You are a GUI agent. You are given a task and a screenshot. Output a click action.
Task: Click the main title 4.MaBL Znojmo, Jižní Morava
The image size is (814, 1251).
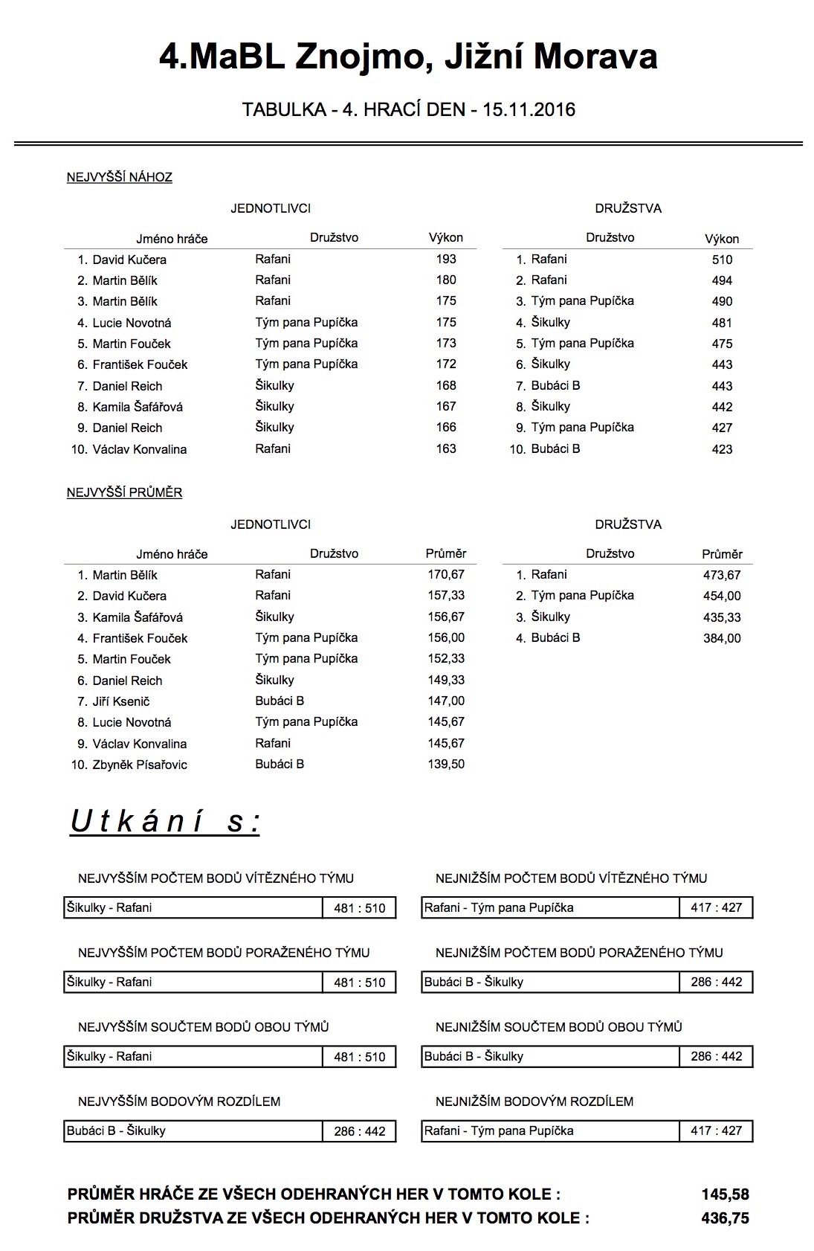pyautogui.click(x=407, y=57)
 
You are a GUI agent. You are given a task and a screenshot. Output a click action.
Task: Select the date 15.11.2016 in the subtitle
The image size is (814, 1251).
pyautogui.click(x=529, y=110)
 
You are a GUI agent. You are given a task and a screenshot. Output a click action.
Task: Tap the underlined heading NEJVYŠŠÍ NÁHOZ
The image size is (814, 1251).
pyautogui.click(x=119, y=177)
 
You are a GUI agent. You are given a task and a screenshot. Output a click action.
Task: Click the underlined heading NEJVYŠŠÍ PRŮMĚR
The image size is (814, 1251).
pyautogui.click(x=124, y=492)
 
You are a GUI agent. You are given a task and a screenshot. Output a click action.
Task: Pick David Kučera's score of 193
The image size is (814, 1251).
pyautogui.click(x=446, y=259)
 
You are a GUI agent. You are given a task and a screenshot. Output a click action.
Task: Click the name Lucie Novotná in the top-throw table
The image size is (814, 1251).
pyautogui.click(x=132, y=323)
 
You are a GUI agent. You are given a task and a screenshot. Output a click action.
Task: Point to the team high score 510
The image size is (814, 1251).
pyautogui.click(x=722, y=260)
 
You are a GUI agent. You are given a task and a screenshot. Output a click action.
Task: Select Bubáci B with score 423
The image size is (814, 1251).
pyautogui.click(x=555, y=448)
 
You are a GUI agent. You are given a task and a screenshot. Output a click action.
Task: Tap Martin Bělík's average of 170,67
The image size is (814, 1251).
pyautogui.click(x=446, y=574)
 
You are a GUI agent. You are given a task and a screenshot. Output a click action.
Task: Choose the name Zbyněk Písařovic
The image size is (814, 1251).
pyautogui.click(x=140, y=765)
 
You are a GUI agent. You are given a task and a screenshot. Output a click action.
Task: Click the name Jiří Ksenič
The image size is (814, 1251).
pyautogui.click(x=121, y=701)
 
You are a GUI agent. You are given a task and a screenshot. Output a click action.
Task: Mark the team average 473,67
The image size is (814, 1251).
pyautogui.click(x=722, y=575)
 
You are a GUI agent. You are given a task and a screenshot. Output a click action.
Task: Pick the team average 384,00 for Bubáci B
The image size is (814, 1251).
pyautogui.click(x=722, y=638)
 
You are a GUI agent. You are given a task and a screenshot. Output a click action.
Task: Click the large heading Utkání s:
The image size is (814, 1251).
pyautogui.click(x=165, y=821)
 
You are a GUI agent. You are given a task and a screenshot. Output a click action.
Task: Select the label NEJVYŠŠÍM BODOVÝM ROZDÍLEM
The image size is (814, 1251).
pyautogui.click(x=179, y=1102)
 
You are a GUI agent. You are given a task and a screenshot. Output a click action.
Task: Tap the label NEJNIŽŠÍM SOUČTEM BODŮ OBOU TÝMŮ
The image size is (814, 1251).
pyautogui.click(x=558, y=1027)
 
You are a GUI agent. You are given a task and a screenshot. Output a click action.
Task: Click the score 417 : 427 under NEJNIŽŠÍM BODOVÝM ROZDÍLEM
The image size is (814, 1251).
pyautogui.click(x=716, y=1131)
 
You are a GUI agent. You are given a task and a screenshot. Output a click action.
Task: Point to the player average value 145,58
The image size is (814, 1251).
pyautogui.click(x=725, y=1194)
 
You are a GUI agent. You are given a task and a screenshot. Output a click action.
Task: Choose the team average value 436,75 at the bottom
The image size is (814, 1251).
pyautogui.click(x=725, y=1218)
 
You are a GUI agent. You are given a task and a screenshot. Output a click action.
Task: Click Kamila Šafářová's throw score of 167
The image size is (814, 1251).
pyautogui.click(x=446, y=406)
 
